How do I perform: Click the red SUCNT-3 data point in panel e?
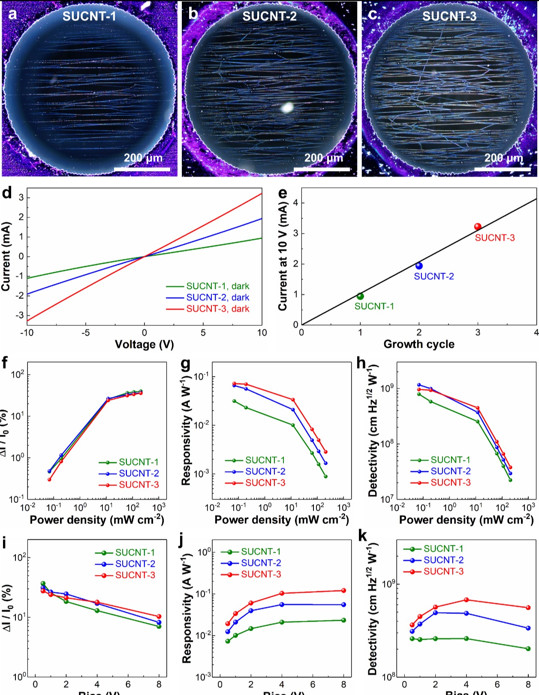click(478, 227)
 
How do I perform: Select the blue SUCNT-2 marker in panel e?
click(419, 266)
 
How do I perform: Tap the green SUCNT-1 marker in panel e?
click(360, 296)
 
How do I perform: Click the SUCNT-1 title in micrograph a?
click(89, 16)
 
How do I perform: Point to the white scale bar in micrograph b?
click(322, 169)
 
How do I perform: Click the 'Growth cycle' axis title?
click(419, 344)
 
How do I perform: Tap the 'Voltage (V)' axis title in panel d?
click(144, 344)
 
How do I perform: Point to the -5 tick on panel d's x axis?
click(86, 333)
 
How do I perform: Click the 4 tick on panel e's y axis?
click(296, 203)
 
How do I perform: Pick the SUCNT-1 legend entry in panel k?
click(443, 549)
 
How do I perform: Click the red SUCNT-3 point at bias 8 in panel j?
click(343, 591)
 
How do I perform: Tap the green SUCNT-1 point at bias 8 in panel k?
click(528, 649)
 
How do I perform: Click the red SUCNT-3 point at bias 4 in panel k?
click(467, 600)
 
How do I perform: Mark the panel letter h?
click(361, 364)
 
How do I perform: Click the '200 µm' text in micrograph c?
click(504, 158)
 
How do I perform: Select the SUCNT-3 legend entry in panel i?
click(135, 575)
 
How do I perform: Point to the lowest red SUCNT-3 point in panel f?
click(49, 479)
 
